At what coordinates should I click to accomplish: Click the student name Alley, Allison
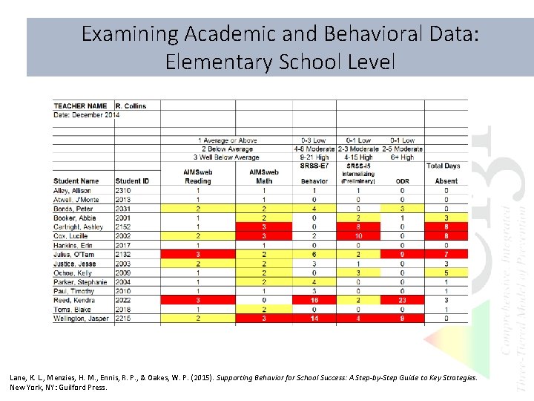click(x=72, y=190)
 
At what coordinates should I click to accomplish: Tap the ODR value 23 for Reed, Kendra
click(x=402, y=300)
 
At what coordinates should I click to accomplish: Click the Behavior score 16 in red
click(x=314, y=300)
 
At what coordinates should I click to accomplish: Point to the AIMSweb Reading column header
click(x=197, y=176)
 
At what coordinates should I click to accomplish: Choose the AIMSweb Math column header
click(x=264, y=176)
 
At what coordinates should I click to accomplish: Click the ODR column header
click(x=402, y=180)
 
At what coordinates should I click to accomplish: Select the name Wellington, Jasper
click(x=81, y=319)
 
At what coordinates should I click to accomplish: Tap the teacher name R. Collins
click(x=131, y=105)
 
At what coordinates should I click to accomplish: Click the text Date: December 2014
click(x=86, y=114)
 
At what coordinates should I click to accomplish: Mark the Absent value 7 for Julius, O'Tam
click(x=446, y=254)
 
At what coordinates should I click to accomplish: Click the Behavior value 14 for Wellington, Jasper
click(x=314, y=319)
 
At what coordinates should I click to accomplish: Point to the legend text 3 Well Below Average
click(x=226, y=157)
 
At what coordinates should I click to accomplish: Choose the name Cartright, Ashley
click(x=78, y=226)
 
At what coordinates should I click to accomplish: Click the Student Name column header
click(x=76, y=180)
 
